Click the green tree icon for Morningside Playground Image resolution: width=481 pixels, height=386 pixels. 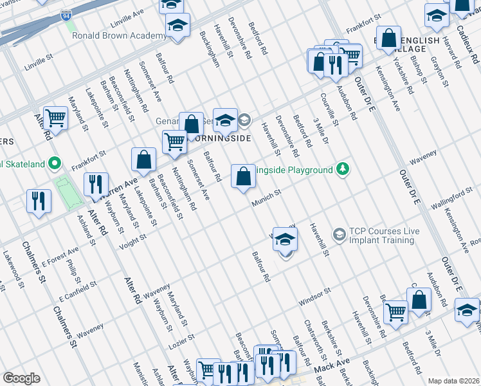tap(344, 169)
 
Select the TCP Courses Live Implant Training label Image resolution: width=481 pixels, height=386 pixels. tap(381, 235)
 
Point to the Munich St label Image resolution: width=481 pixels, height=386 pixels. tap(268, 197)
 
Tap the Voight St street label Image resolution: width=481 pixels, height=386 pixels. tap(132, 241)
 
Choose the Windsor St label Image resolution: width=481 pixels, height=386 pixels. tap(314, 297)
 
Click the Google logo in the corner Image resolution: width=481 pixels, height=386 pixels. tap(21, 378)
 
